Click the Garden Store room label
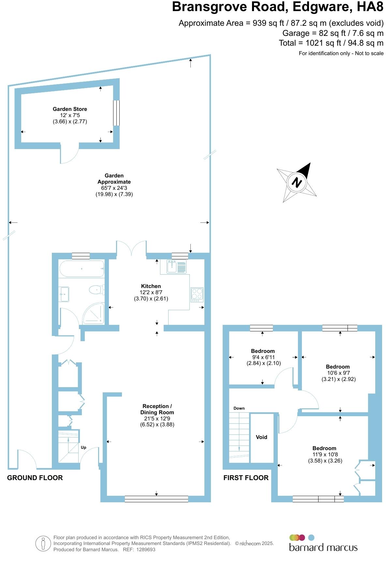[x=70, y=109]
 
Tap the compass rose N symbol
[x=297, y=182]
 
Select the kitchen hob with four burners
[x=197, y=295]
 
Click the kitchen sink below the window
[x=176, y=266]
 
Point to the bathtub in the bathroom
[x=82, y=269]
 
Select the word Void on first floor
[x=261, y=437]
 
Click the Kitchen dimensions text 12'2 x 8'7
[x=151, y=292]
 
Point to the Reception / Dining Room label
[x=157, y=409]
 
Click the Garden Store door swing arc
[x=70, y=157]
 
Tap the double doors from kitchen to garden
[x=131, y=248]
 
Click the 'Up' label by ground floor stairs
[x=83, y=447]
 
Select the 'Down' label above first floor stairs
[x=239, y=408]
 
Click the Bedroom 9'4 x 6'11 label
[x=263, y=351]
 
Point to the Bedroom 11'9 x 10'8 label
[x=324, y=448]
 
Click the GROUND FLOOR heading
[x=35, y=478]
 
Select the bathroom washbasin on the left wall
[x=64, y=294]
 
